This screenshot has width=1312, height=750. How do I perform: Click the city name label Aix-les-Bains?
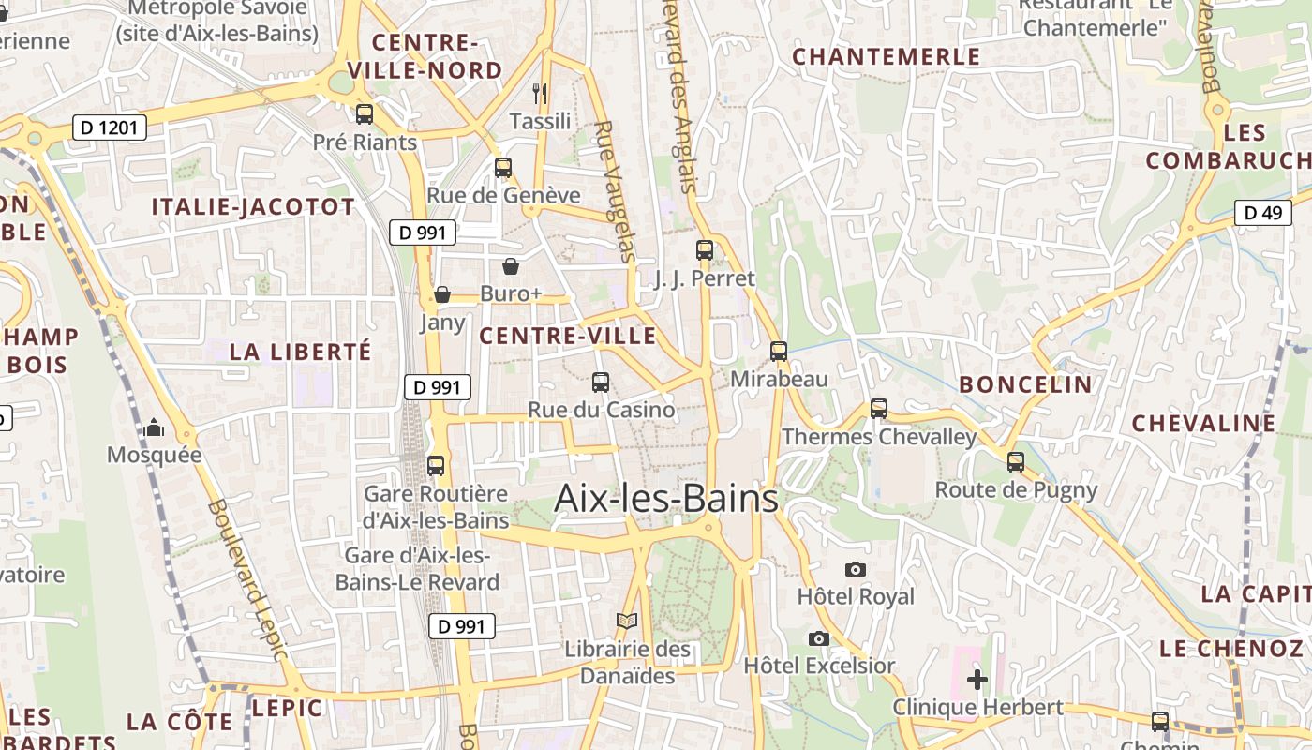click(666, 499)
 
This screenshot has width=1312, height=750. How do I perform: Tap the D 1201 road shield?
click(110, 127)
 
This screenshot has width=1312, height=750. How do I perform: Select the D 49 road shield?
click(1262, 213)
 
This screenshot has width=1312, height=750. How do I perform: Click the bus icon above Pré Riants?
click(365, 114)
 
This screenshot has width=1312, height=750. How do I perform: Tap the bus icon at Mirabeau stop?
click(779, 352)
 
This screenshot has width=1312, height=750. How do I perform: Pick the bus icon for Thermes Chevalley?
click(878, 409)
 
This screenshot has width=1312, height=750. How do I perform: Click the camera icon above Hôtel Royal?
click(855, 569)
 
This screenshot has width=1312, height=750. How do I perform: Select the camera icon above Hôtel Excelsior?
click(819, 638)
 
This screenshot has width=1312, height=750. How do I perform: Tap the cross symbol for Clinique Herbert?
click(977, 680)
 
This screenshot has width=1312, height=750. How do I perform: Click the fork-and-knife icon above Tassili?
click(540, 93)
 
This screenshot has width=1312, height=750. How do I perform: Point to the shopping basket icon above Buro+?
click(511, 266)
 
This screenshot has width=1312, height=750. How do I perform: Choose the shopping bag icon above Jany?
click(442, 295)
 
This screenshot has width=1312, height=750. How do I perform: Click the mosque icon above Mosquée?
click(155, 428)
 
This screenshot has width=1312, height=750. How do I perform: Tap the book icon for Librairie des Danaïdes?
click(627, 621)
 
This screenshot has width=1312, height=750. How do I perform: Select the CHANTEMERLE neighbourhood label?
click(887, 57)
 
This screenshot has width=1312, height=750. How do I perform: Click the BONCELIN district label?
click(1025, 384)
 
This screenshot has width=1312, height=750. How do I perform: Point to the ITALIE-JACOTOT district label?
click(254, 207)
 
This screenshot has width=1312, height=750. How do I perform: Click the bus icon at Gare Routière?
click(436, 465)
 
